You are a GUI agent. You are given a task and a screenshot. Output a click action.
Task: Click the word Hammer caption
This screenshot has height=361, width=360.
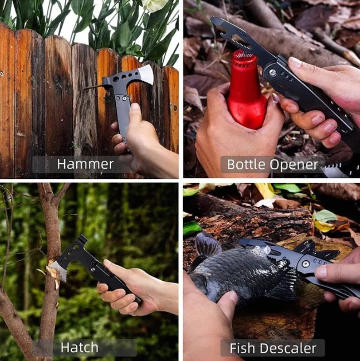coord(85,164)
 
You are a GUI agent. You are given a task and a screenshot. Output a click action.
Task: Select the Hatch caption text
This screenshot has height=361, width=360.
coord(79,347)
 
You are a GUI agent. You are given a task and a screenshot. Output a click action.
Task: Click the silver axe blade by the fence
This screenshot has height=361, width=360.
coord(145,74)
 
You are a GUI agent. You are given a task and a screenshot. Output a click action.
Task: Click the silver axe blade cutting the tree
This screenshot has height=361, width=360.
coord(58,270)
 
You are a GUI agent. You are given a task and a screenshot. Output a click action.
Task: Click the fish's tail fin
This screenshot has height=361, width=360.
coord(206,247)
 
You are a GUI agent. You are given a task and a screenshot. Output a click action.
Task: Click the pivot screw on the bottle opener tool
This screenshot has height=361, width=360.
coord(272,72)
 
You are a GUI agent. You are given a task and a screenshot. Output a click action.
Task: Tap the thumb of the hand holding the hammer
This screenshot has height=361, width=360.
coord(134,109)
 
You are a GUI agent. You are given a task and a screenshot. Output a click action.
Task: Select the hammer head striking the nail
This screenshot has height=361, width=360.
coord(106,82)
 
